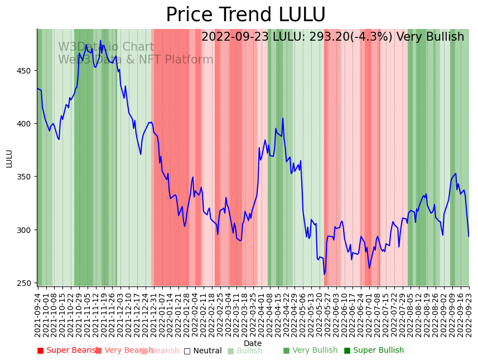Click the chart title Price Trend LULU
click(245, 15)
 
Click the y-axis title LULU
click(9, 158)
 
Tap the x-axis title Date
click(253, 343)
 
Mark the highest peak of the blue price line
click(100, 40)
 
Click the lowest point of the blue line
click(324, 274)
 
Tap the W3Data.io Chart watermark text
click(106, 47)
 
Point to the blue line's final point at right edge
click(469, 236)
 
